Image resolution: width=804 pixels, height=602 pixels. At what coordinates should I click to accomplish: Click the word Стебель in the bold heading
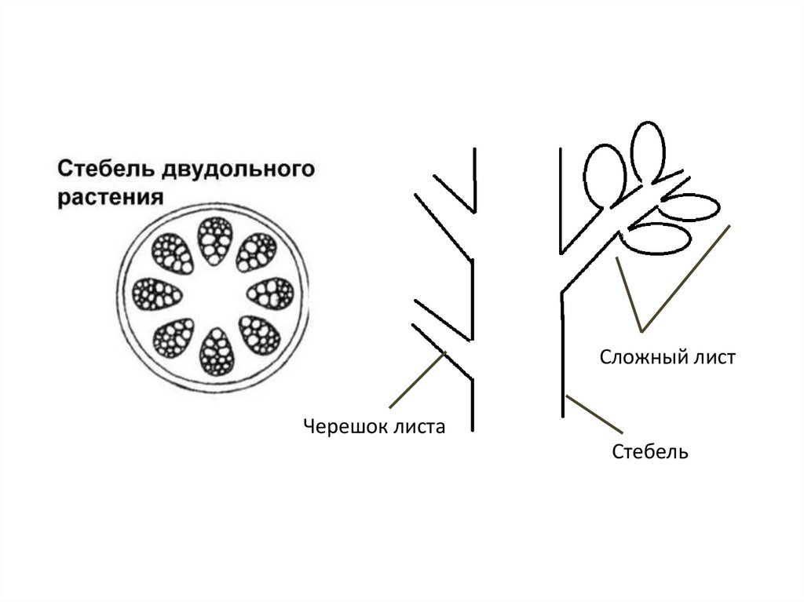coord(104,170)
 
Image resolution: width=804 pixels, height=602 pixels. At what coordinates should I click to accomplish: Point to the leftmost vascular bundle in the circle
coord(158,295)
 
